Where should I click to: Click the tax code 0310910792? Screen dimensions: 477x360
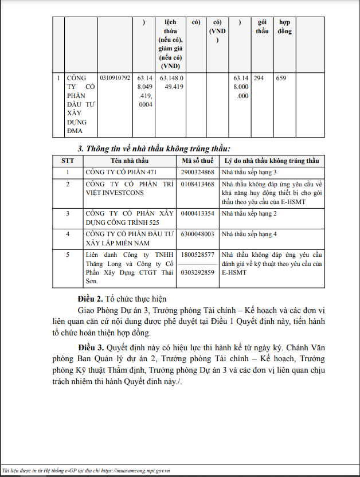(115, 78)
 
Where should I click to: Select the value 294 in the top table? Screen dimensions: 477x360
(259, 78)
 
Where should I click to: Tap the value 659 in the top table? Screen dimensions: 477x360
(281, 78)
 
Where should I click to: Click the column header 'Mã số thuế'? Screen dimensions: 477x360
(197, 161)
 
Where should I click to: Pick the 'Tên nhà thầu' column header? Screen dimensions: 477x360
(130, 161)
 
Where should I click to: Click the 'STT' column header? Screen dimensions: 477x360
(68, 161)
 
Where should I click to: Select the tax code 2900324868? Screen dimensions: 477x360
(197, 172)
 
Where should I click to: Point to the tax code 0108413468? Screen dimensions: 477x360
(197, 185)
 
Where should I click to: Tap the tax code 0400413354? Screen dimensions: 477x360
(197, 213)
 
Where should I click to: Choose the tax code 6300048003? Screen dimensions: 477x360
(197, 234)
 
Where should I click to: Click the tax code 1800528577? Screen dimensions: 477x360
(197, 254)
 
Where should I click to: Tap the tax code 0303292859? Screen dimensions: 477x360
(197, 272)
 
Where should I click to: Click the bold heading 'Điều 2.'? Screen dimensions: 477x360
(91, 299)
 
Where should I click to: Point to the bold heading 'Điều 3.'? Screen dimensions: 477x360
(91, 348)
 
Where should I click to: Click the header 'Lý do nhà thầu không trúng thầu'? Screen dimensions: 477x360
(272, 161)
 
